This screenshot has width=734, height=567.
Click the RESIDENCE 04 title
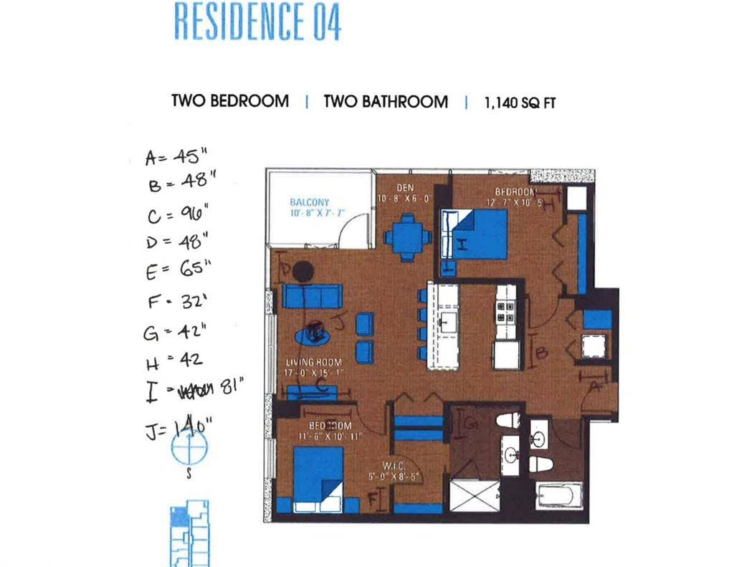[257, 22]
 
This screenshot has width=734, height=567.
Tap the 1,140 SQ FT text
[520, 103]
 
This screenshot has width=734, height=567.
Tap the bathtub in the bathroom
[559, 495]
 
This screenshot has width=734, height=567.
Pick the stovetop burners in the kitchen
[506, 310]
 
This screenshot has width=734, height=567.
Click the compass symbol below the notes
[189, 447]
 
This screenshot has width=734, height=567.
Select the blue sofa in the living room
[312, 295]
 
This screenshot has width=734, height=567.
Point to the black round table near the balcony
[303, 270]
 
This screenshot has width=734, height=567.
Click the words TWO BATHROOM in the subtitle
[386, 102]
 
